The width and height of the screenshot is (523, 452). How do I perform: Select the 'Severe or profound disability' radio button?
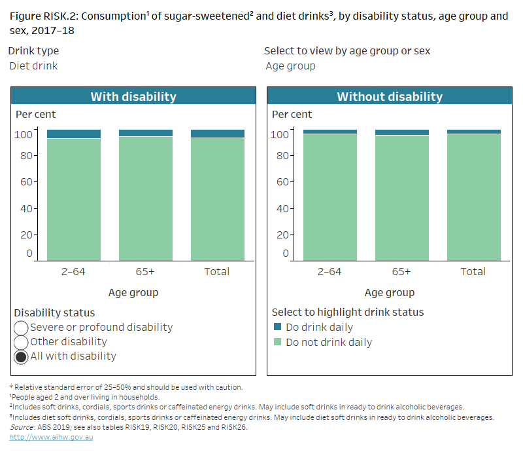coord(21,328)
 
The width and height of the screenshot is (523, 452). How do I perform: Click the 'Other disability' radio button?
coord(21,342)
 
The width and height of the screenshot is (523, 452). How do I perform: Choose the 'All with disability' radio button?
coord(21,356)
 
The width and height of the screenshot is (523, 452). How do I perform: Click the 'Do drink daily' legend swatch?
coord(277,327)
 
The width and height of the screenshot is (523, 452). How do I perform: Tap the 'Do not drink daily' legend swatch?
coord(277,342)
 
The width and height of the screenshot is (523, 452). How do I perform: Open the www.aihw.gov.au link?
coord(51,437)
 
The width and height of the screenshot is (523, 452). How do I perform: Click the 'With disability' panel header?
coord(133,96)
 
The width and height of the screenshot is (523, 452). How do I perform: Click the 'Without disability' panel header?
coord(389,96)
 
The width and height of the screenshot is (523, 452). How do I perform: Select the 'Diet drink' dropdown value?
coord(33,66)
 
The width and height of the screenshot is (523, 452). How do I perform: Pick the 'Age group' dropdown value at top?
coord(290,66)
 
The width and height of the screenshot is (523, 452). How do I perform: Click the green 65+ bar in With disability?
coord(146,197)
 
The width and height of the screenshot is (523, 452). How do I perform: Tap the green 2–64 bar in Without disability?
coord(330,197)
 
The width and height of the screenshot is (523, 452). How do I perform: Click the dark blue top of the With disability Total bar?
coord(218,134)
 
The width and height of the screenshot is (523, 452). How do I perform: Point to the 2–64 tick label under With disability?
coord(74,271)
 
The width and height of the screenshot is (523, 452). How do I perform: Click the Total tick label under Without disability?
coord(473,271)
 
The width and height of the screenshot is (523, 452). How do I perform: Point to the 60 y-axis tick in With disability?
coord(25,182)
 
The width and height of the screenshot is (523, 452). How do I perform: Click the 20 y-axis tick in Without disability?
coord(282,235)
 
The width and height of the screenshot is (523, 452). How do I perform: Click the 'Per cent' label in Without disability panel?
coord(292,114)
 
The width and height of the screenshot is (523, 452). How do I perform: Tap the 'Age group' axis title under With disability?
coord(133,292)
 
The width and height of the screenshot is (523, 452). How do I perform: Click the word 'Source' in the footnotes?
coord(22,426)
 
